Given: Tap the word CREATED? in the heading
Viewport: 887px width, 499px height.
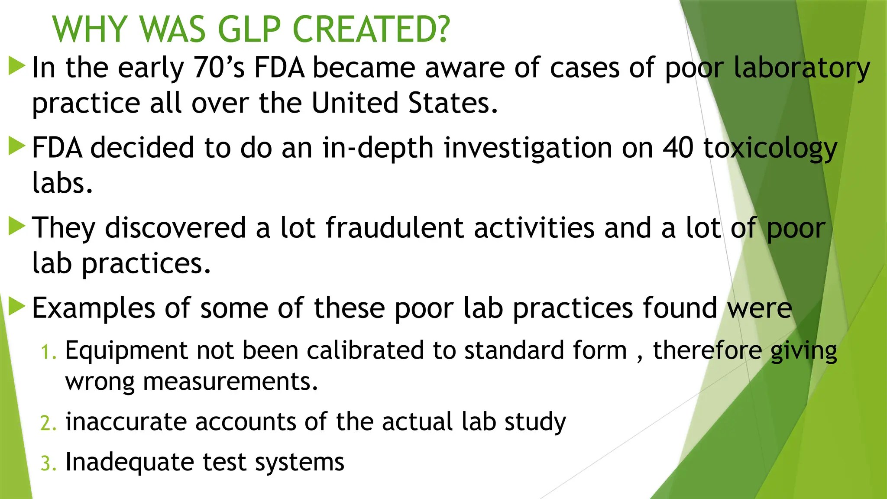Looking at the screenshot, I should (x=371, y=29).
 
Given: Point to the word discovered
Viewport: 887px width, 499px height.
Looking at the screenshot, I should (x=175, y=228).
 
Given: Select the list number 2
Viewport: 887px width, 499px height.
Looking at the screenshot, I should (x=48, y=423).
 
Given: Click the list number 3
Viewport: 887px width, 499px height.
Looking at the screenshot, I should (x=48, y=463).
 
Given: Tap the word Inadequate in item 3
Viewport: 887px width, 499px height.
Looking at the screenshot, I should (x=129, y=462).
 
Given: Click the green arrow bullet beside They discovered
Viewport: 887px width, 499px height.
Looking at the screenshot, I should (x=17, y=227).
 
